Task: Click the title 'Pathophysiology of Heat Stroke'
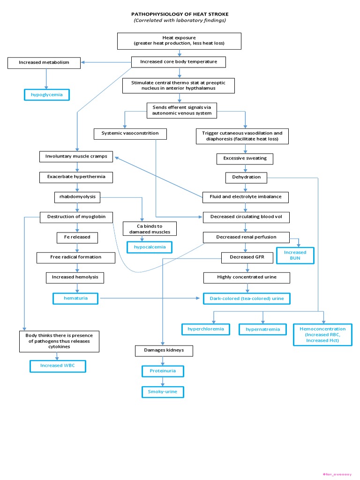(x=180, y=15)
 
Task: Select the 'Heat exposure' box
(x=180, y=41)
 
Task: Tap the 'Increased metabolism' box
(x=44, y=62)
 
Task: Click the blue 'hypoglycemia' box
(x=46, y=95)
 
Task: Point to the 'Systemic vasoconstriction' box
(x=130, y=133)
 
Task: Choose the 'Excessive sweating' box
(x=245, y=158)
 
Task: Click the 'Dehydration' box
(x=246, y=178)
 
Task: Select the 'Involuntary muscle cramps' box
(x=76, y=156)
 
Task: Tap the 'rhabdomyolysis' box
(x=77, y=197)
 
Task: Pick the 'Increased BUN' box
(x=295, y=255)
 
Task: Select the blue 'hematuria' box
(x=75, y=298)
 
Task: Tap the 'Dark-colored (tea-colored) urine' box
(x=247, y=298)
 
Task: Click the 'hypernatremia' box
(x=262, y=330)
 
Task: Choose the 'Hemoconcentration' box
(x=322, y=335)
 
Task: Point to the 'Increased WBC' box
(x=58, y=365)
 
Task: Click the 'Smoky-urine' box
(x=162, y=391)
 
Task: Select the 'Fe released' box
(x=77, y=237)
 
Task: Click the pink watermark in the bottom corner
(x=337, y=474)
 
